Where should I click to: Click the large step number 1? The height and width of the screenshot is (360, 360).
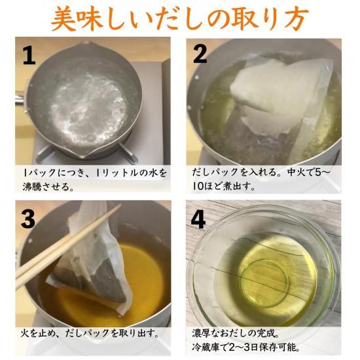click(x=29, y=56)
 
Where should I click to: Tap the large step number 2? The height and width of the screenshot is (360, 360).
click(x=200, y=54)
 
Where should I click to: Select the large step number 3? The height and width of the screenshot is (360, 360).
click(x=28, y=219)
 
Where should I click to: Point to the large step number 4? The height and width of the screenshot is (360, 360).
click(x=198, y=220)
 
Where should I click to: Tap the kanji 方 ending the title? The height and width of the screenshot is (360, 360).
click(x=295, y=18)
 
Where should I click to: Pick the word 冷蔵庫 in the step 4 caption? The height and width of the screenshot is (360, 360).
click(x=204, y=347)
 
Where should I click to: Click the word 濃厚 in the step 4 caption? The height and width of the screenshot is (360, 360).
click(x=200, y=333)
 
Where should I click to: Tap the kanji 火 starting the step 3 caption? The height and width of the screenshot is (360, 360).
click(x=25, y=333)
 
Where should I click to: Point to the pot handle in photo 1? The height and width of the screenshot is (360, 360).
click(x=20, y=100)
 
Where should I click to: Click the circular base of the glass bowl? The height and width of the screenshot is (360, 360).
click(x=264, y=282)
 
